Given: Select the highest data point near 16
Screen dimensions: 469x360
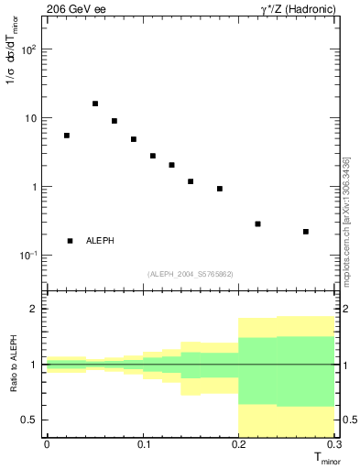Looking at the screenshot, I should pyautogui.click(x=95, y=104).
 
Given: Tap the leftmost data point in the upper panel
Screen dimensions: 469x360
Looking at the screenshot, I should pyautogui.click(x=67, y=136).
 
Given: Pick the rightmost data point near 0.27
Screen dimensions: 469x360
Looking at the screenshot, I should pyautogui.click(x=306, y=232).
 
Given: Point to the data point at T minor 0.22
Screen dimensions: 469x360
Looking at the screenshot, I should pyautogui.click(x=258, y=224).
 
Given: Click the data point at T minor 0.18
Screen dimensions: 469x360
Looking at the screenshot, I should pyautogui.click(x=220, y=189).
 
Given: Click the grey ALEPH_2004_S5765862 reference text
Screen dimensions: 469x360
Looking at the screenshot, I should pyautogui.click(x=191, y=274).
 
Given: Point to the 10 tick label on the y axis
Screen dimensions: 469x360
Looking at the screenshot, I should pyautogui.click(x=30, y=118).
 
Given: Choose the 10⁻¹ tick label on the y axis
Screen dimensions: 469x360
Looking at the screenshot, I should pyautogui.click(x=28, y=255).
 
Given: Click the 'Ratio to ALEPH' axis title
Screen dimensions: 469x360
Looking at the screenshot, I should pyautogui.click(x=13, y=365).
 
